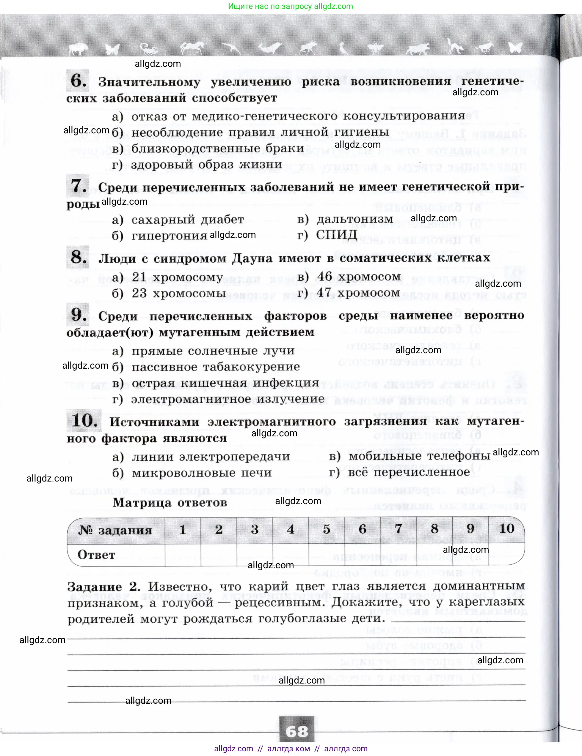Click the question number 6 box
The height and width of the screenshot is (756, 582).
[78, 81]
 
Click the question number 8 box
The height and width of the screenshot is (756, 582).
[78, 257]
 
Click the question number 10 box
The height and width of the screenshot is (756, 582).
[84, 420]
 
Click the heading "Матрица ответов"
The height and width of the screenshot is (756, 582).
[170, 502]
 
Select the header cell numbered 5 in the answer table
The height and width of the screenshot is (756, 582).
[326, 529]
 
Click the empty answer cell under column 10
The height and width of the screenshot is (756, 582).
[506, 555]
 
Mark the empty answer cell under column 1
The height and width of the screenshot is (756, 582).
[183, 555]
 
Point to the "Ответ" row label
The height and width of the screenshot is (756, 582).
[96, 555]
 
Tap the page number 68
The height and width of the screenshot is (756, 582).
[297, 731]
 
